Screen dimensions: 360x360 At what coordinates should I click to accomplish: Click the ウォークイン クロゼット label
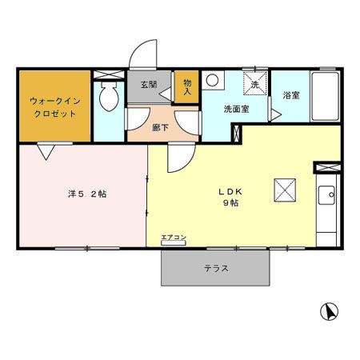[x=53, y=107]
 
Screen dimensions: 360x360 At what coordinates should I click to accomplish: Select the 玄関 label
[x=150, y=86]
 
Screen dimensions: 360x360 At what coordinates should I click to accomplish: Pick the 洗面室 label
[x=236, y=110]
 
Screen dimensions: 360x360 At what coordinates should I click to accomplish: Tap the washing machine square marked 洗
[x=254, y=82]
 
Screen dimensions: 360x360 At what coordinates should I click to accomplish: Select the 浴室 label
[x=290, y=96]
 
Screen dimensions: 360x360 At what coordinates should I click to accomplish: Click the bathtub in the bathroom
[x=326, y=97]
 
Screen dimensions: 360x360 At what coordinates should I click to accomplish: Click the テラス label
[x=214, y=269]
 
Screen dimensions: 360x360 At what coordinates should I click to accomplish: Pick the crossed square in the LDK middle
[x=286, y=189]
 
